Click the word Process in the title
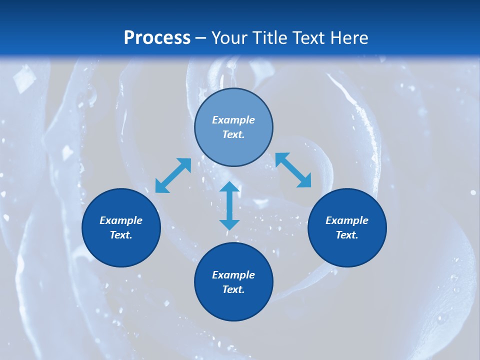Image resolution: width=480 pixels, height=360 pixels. (157, 38)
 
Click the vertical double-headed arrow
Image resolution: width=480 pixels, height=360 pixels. (229, 206)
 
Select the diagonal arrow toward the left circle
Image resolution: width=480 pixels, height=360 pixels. (173, 175)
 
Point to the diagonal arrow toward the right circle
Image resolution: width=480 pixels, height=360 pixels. (293, 170)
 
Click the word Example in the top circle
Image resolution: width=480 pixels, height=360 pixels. (233, 120)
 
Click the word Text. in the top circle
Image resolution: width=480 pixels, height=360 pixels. (233, 134)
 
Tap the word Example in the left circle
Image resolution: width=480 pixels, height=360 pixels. (121, 220)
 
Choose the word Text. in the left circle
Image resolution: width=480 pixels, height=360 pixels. (121, 235)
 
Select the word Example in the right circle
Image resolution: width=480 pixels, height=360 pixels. (347, 220)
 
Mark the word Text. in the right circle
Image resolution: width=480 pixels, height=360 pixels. (347, 235)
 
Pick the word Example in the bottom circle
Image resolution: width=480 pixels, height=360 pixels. (233, 275)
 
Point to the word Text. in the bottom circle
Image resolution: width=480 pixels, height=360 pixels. (233, 289)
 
